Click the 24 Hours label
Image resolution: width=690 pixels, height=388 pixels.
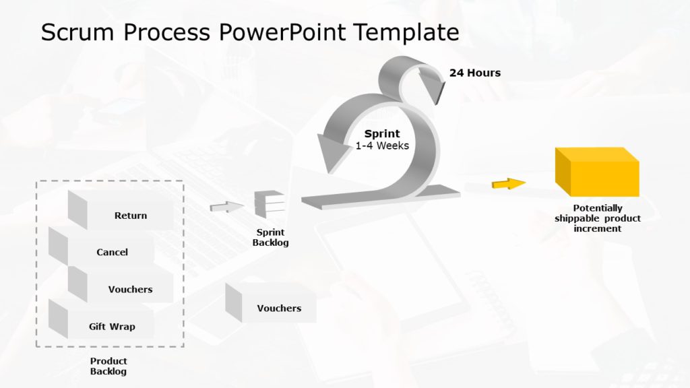tap(475, 73)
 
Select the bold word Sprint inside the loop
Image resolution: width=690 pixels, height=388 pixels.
tap(382, 133)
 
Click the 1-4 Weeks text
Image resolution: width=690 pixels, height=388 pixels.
tap(382, 145)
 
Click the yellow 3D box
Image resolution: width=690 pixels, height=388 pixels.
tap(597, 172)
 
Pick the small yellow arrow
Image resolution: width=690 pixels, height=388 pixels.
tap(508, 184)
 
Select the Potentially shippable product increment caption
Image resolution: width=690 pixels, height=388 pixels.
tap(598, 218)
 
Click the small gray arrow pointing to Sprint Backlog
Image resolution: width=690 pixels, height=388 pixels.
tap(226, 207)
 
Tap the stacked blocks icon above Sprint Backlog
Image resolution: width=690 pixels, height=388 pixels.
tap(270, 203)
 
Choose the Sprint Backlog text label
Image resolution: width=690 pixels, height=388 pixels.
tap(270, 238)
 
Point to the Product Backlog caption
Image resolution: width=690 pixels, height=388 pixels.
tap(108, 366)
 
